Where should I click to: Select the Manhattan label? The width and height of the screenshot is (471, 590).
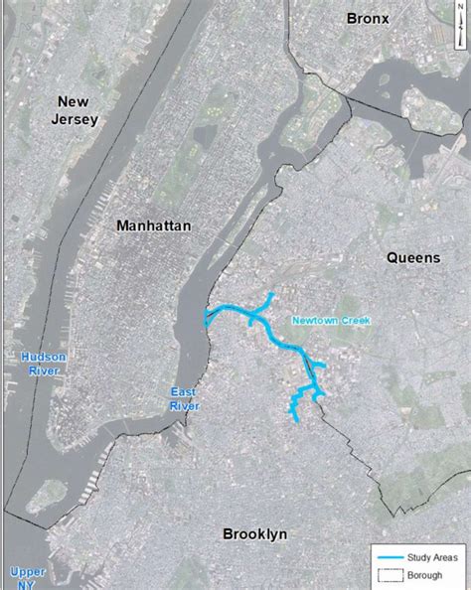point(153,225)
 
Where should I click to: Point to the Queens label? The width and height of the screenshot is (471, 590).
point(412,257)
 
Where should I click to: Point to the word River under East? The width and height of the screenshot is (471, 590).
point(184,406)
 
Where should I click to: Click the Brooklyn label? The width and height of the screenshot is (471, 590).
point(255,534)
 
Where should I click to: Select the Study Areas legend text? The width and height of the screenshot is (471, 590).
point(433,560)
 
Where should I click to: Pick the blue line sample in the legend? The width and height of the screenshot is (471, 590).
point(391,560)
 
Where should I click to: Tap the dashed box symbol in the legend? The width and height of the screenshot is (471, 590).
point(391,575)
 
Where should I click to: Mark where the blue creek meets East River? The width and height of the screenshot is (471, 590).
point(206,319)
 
